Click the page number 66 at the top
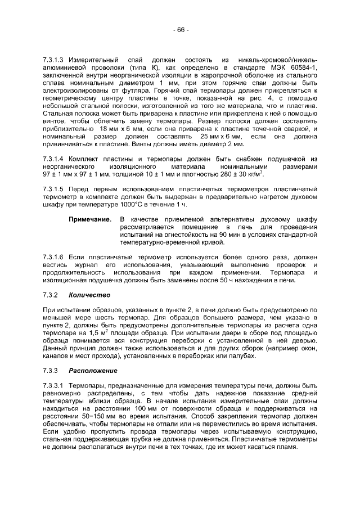coord(181,29)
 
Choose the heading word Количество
coord(89,295)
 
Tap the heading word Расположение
coord(93,371)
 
